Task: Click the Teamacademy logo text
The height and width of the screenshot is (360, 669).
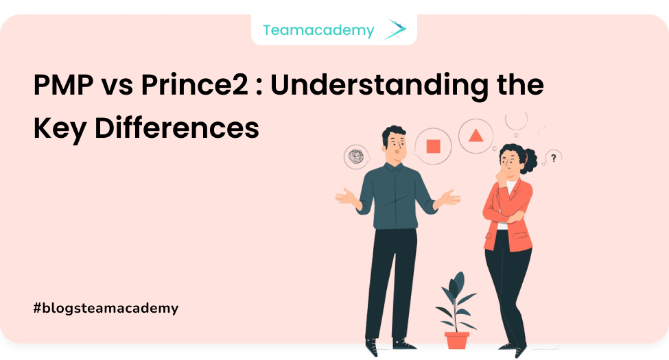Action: (318, 30)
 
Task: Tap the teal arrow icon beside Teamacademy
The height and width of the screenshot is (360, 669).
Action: (395, 29)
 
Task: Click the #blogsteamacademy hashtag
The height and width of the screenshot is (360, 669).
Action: (106, 308)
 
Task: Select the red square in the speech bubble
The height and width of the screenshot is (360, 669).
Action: (433, 146)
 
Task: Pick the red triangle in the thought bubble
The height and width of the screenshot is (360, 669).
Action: (475, 136)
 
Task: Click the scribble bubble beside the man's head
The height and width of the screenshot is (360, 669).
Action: (357, 156)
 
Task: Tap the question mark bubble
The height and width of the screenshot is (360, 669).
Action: (554, 158)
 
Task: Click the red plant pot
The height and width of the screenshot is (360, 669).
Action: (456, 339)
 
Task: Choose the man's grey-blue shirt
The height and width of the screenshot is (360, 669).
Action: (397, 195)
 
